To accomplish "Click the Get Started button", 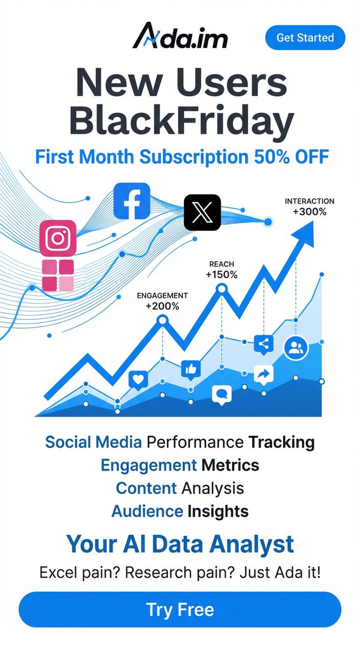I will point(305,38).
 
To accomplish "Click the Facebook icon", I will point(132,201).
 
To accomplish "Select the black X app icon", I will point(202,212).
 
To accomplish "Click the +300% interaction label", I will point(309,211).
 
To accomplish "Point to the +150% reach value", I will point(221,275).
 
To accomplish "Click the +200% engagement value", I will point(162,306).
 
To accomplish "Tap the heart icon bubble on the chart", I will point(138,379).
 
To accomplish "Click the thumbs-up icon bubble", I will point(191,369).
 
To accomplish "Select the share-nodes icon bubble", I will point(263,345).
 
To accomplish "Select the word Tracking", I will point(281,442).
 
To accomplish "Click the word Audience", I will point(147,511).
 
